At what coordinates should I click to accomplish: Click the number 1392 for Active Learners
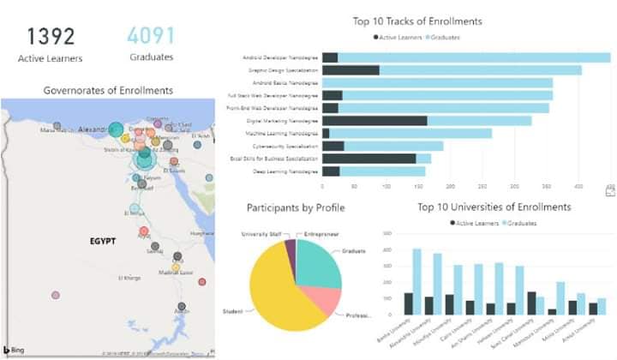click(51, 36)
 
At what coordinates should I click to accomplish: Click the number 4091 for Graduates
click(151, 36)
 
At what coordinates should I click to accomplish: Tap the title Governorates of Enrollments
click(108, 90)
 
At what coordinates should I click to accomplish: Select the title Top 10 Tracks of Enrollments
click(417, 21)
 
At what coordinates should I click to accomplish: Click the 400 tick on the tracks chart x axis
click(578, 185)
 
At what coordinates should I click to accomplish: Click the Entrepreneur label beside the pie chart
click(321, 233)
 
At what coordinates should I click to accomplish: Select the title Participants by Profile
click(295, 207)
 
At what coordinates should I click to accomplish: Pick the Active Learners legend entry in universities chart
click(476, 223)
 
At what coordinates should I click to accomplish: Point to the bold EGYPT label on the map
click(103, 242)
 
